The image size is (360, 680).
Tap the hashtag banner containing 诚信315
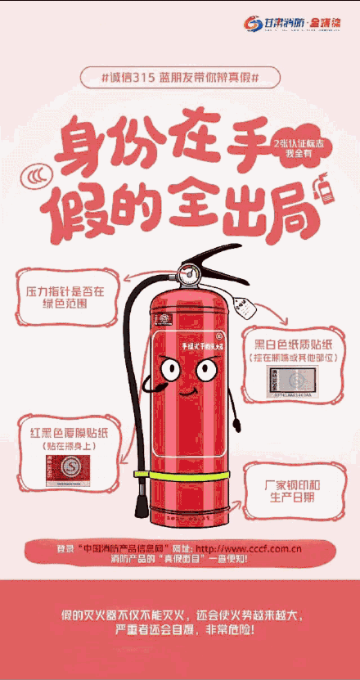coord(180,77)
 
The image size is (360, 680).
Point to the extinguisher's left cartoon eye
coord(170,370)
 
